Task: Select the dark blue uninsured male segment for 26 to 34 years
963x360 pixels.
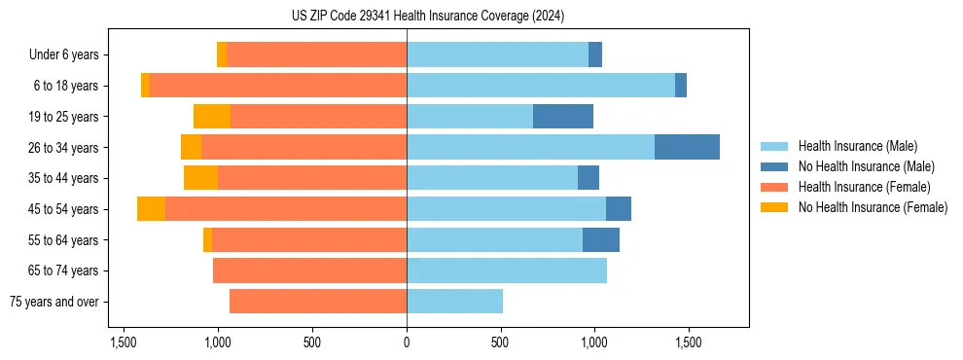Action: pos(687,147)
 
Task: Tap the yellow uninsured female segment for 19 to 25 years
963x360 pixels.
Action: pos(212,117)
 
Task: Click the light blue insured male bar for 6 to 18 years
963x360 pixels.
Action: pos(541,86)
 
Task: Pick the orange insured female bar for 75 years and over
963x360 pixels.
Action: pos(318,302)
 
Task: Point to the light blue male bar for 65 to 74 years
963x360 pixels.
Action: pos(507,270)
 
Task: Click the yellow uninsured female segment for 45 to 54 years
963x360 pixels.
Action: pos(151,209)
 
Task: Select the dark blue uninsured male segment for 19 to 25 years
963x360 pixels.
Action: pos(563,117)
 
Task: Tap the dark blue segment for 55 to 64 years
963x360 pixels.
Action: pos(601,239)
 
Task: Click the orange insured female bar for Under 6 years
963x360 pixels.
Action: pos(316,54)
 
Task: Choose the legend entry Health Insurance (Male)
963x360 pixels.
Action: pos(857,146)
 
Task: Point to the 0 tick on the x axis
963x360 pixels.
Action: pos(407,342)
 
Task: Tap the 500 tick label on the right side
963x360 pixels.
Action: pos(500,342)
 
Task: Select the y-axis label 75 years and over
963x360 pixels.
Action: pos(54,302)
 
